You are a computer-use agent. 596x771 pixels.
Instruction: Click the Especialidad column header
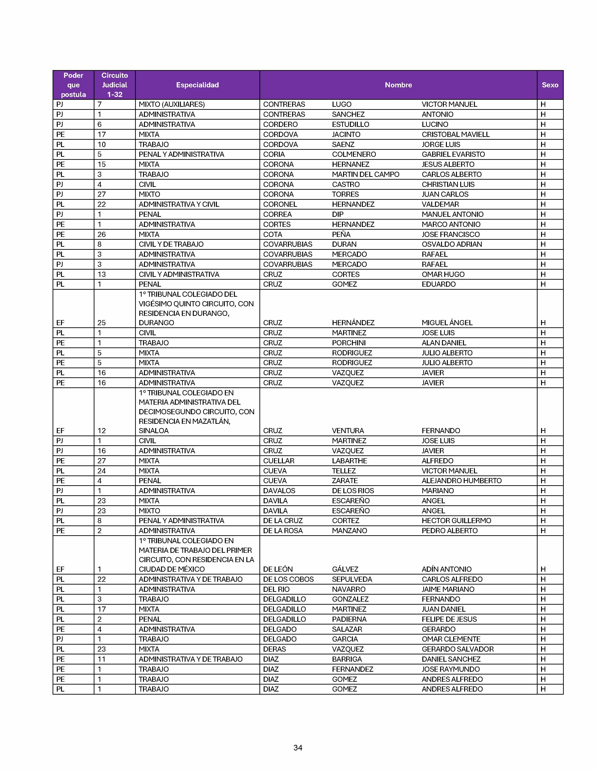point(197,85)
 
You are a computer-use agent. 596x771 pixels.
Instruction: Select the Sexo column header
point(550,85)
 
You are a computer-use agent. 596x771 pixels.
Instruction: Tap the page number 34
point(298,747)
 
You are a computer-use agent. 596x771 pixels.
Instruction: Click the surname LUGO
point(341,104)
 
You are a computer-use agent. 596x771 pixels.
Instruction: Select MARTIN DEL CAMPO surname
point(366,174)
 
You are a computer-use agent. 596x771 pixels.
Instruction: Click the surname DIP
point(337,214)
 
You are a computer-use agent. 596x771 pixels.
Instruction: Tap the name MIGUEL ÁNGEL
point(447,323)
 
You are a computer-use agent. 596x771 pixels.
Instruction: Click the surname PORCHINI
point(348,343)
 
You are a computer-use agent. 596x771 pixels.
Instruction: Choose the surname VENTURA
point(348,431)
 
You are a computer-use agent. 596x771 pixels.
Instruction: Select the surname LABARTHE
point(349,461)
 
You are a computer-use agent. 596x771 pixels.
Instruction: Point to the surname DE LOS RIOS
point(353,491)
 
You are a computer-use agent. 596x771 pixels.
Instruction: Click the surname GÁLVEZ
point(345,569)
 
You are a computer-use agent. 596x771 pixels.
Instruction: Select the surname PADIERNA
point(349,619)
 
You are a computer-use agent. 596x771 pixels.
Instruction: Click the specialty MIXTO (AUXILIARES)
point(172,104)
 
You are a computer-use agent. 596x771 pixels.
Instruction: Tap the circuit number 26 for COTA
point(101,234)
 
